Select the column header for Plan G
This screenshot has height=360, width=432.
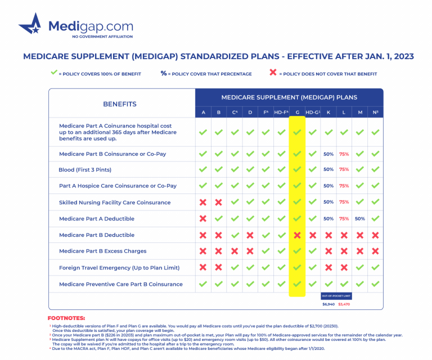[x=297, y=112]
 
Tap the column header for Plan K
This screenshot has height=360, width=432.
[x=328, y=112]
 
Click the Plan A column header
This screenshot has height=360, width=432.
[x=203, y=112]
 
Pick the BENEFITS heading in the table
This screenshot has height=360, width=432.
[x=119, y=104]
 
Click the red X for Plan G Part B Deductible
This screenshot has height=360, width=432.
[x=297, y=235]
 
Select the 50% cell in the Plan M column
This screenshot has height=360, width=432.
[x=360, y=219]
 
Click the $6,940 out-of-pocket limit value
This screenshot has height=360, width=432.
[x=328, y=304]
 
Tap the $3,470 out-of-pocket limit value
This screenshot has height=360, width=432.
[x=344, y=304]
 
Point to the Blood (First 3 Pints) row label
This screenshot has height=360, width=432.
[x=85, y=170]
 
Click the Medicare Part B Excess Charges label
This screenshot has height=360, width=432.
[x=102, y=251]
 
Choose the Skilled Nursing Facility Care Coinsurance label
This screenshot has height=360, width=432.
[x=115, y=202]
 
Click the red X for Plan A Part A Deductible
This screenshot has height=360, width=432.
[x=203, y=219]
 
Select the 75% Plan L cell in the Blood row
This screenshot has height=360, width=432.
[x=344, y=169]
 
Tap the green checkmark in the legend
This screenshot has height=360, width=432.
[x=54, y=73]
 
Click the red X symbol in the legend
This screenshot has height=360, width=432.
[x=273, y=73]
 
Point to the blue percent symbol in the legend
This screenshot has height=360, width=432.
[x=164, y=73]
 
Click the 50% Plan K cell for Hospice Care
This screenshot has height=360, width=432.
[x=328, y=186]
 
